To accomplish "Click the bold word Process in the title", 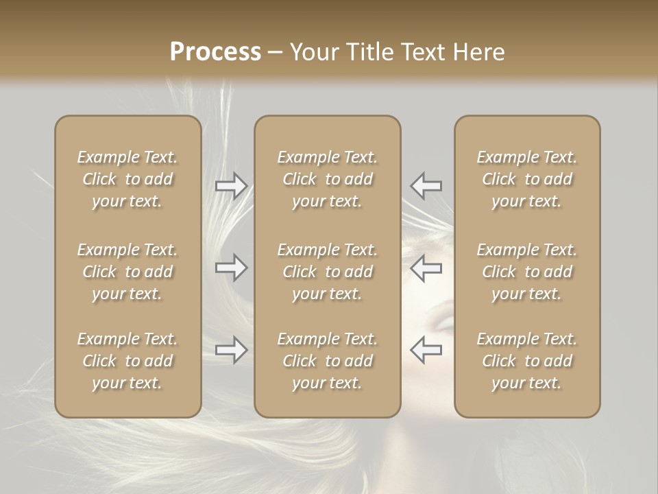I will (x=215, y=52).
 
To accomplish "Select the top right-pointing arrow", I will (x=231, y=185).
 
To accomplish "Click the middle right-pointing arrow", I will (x=231, y=268).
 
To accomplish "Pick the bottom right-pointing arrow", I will (x=231, y=350).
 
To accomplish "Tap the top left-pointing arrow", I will (x=426, y=185).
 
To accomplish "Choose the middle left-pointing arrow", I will (x=426, y=268).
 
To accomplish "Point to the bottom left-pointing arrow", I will (x=426, y=350).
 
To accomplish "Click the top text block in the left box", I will (x=127, y=179).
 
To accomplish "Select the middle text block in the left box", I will (x=127, y=272).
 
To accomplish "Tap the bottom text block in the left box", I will (x=127, y=361).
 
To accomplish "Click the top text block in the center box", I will (x=327, y=179).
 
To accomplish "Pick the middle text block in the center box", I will (x=327, y=272).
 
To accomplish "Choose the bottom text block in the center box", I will (x=327, y=361).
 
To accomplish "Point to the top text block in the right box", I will (x=526, y=179).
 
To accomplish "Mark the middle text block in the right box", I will (x=526, y=272).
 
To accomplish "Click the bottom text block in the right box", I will (x=526, y=361).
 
